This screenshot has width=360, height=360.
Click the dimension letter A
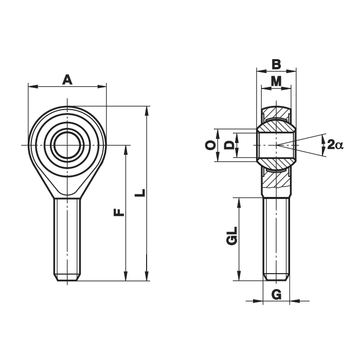67,80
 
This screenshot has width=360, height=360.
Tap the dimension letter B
276,64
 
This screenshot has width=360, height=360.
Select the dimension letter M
276,81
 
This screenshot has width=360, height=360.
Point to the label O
210,146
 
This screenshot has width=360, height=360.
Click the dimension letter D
229,146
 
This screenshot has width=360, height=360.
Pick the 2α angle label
335,145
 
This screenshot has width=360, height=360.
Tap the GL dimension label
231,236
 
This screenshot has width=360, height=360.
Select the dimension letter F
119,212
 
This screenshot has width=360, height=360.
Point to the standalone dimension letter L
140,193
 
